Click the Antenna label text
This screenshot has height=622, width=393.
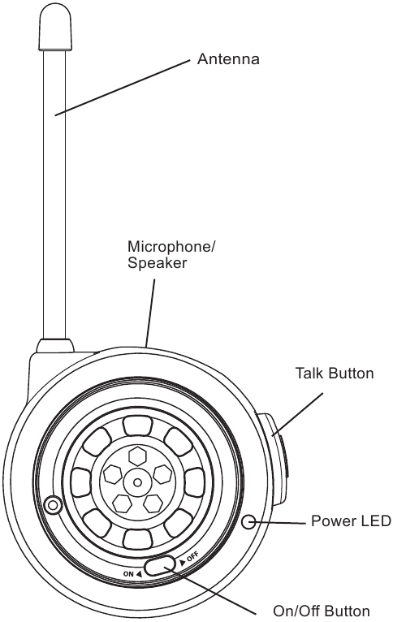click(x=228, y=59)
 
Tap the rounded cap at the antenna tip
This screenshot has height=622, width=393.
click(x=55, y=28)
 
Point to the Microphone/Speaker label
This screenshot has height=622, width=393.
click(x=171, y=255)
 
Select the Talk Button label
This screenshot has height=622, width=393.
click(x=335, y=374)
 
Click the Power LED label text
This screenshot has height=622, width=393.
click(x=351, y=520)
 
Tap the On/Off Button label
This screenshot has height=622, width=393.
click(x=322, y=611)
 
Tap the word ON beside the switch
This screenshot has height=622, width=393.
click(x=128, y=574)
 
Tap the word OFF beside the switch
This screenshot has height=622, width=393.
click(x=192, y=557)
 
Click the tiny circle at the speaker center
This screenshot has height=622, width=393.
click(x=137, y=482)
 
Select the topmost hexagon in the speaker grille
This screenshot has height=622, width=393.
click(x=137, y=456)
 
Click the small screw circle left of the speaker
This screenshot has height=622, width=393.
click(x=53, y=505)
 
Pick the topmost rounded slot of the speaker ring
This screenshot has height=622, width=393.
click(x=137, y=426)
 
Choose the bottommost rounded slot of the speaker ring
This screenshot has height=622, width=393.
click(x=137, y=539)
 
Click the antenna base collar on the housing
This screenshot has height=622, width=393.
click(x=55, y=345)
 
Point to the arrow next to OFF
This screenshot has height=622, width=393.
click(x=183, y=562)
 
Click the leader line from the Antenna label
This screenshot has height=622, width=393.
click(x=123, y=88)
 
